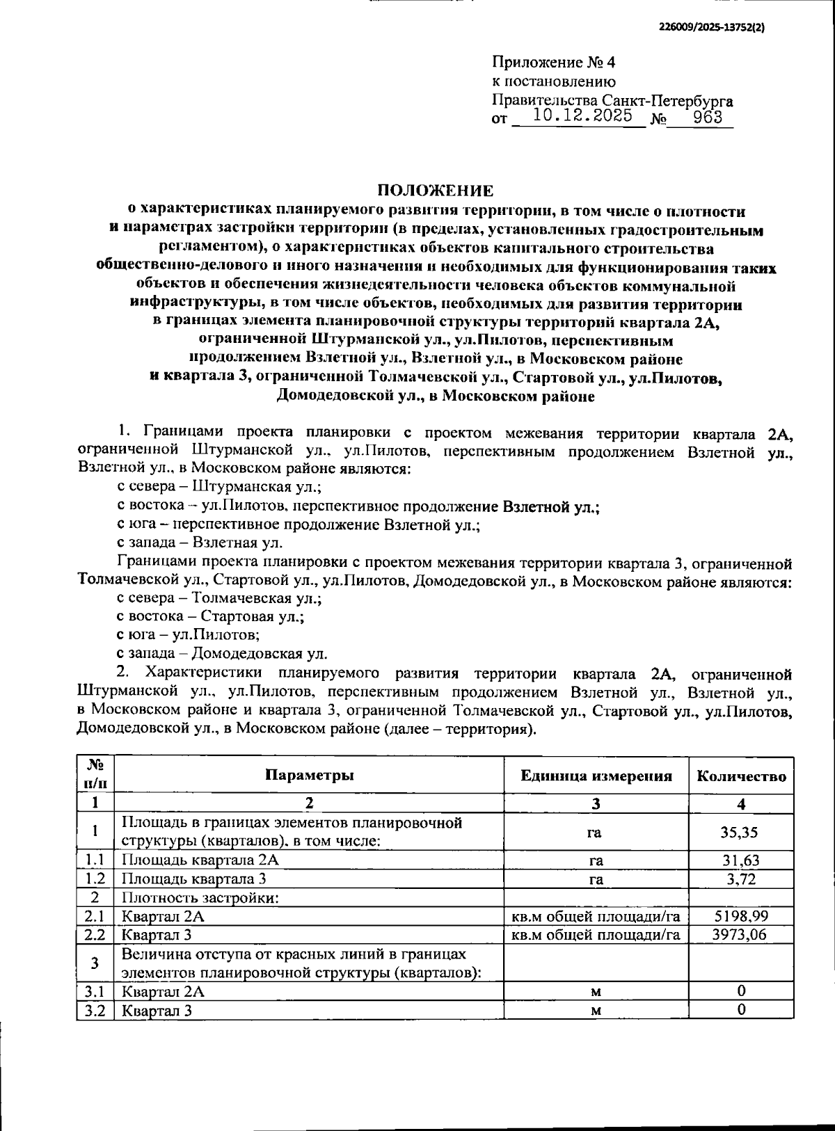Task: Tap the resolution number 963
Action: (x=708, y=116)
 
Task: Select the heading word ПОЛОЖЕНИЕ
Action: (x=436, y=191)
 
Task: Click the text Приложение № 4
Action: (x=553, y=63)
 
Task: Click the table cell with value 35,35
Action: (x=740, y=832)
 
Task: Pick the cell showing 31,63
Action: (x=740, y=860)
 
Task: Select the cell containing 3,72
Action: (x=740, y=879)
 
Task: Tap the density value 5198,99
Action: (x=740, y=916)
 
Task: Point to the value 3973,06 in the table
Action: (x=740, y=934)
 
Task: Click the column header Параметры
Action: (x=309, y=775)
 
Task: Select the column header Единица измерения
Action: (x=596, y=776)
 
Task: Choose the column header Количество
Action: (x=741, y=776)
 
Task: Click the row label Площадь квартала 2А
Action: (x=200, y=860)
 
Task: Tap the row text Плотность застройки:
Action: (x=200, y=897)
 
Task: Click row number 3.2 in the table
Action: (x=95, y=1010)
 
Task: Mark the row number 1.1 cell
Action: (x=95, y=860)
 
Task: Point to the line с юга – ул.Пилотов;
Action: (x=189, y=634)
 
